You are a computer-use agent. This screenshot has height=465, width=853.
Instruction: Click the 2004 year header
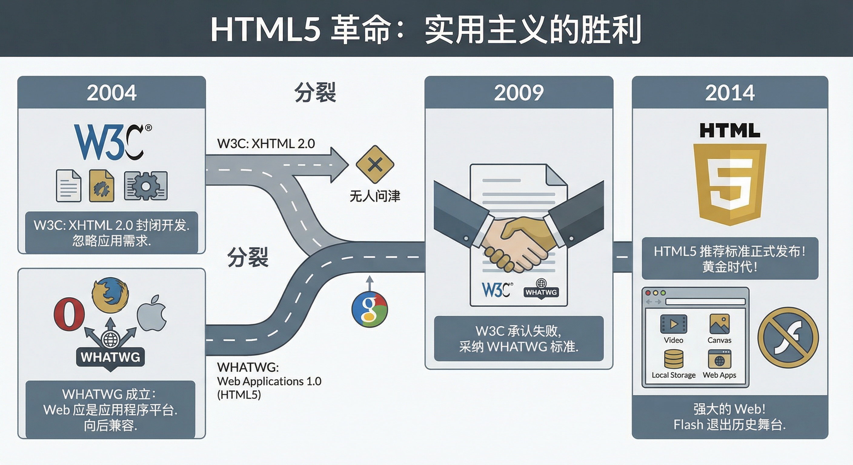pos(111,93)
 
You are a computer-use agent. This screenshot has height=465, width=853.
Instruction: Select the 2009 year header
pos(519,93)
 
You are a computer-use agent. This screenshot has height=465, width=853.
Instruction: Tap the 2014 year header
pos(730,93)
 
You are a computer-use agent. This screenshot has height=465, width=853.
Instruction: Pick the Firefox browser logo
pos(110,295)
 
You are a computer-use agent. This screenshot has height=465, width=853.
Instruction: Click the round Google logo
pos(370,309)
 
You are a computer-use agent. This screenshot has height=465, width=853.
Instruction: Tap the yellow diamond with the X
pos(375,164)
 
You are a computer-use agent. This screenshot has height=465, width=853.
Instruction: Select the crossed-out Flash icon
pos(788,338)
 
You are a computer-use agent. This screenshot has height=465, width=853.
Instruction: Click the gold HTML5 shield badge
pos(730,184)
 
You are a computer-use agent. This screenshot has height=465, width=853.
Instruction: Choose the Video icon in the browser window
pos(674,324)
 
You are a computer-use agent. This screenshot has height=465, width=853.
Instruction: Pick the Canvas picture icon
pos(719,324)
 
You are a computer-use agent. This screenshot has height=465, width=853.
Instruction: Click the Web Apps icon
pos(719,359)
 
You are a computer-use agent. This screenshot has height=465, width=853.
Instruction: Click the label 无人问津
pos(375,196)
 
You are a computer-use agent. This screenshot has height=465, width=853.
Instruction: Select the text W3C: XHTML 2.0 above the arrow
pos(266,143)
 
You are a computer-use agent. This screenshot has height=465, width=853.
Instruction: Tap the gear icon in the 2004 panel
pos(146,186)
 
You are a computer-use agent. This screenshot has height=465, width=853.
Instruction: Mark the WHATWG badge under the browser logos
pos(110,357)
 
